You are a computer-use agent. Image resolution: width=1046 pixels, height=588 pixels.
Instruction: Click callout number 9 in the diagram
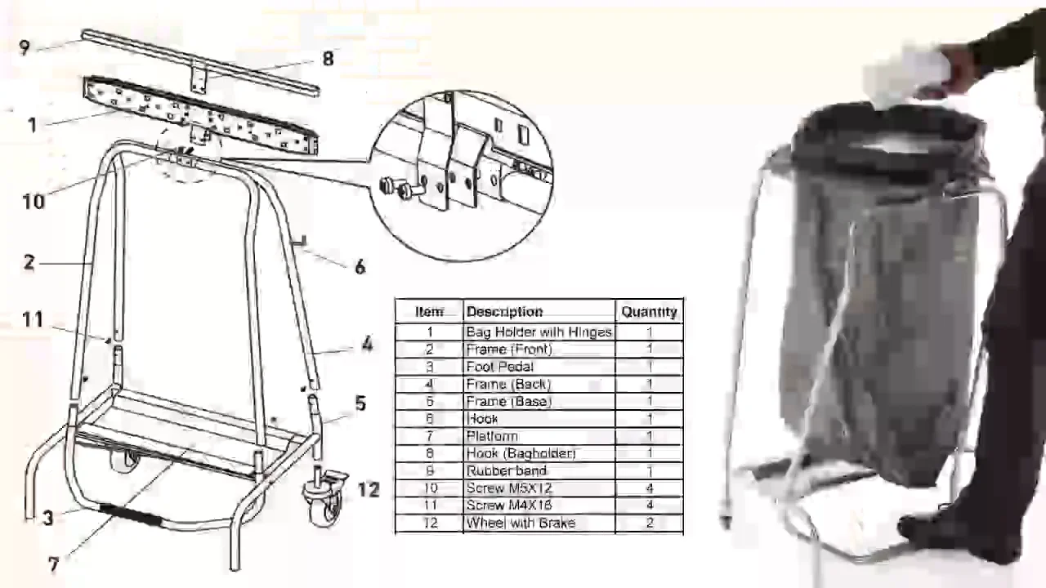click(24, 47)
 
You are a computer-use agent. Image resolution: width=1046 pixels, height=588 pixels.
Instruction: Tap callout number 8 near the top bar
click(328, 59)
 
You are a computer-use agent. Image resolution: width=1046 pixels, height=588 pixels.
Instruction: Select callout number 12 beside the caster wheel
click(369, 489)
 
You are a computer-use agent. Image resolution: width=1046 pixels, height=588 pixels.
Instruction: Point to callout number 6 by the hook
click(360, 267)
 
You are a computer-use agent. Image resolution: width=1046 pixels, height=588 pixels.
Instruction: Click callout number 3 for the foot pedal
click(48, 518)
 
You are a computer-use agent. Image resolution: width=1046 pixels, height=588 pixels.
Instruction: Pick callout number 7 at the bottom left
click(54, 564)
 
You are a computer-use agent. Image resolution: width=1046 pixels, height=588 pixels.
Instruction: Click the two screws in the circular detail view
click(398, 188)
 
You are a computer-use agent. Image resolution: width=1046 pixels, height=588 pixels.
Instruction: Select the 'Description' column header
click(504, 311)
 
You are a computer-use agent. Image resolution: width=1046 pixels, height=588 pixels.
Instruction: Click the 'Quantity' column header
click(649, 311)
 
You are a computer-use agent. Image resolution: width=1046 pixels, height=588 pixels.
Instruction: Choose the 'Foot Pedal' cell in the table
click(499, 367)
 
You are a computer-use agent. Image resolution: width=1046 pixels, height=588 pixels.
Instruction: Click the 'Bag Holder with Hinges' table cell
click(539, 332)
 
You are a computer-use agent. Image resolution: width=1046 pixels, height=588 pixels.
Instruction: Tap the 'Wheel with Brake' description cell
click(521, 523)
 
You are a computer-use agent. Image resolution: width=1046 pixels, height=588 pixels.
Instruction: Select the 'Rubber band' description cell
click(506, 471)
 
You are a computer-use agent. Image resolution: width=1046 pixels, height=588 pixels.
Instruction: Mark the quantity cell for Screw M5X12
click(650, 488)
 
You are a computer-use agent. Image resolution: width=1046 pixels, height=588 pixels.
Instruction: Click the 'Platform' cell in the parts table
click(492, 436)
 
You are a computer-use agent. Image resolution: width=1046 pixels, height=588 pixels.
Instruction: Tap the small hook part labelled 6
click(299, 239)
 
